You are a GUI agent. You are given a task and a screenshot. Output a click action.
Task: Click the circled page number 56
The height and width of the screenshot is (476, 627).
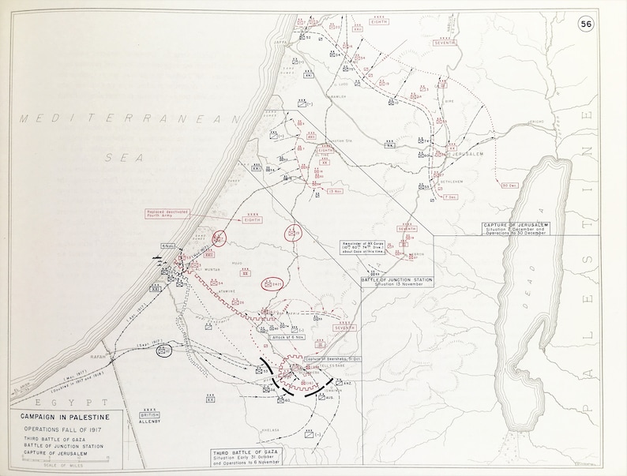point(587,24)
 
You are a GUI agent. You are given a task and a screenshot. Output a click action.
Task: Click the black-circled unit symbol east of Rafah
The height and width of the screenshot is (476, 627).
point(164,351)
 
